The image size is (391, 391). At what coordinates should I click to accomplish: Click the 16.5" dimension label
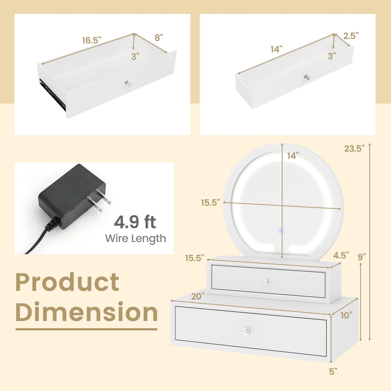(x=91, y=40)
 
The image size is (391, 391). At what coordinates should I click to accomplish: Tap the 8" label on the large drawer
(x=159, y=38)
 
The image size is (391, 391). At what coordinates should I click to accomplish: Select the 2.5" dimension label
(x=351, y=36)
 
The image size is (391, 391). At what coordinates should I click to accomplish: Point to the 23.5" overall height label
(x=354, y=149)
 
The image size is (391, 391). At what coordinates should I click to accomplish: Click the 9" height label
(x=362, y=257)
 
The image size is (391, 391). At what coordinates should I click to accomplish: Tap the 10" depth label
(x=346, y=315)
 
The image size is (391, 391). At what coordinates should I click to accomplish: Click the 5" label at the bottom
(x=333, y=372)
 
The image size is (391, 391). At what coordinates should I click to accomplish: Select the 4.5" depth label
(x=341, y=255)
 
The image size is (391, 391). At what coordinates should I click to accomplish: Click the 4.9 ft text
(x=135, y=222)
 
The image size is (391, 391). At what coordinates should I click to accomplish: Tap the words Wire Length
(x=135, y=238)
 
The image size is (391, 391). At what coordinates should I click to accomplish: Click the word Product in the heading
(x=67, y=282)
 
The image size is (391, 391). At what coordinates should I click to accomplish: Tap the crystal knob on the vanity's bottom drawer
(x=245, y=331)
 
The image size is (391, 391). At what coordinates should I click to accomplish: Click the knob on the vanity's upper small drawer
(x=265, y=282)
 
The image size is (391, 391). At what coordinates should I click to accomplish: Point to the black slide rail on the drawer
(x=52, y=93)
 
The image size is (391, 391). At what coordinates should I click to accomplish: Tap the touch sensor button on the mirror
(x=281, y=231)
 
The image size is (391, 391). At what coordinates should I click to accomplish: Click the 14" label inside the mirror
(x=293, y=156)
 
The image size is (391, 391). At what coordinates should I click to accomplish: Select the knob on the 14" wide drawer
(x=307, y=78)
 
